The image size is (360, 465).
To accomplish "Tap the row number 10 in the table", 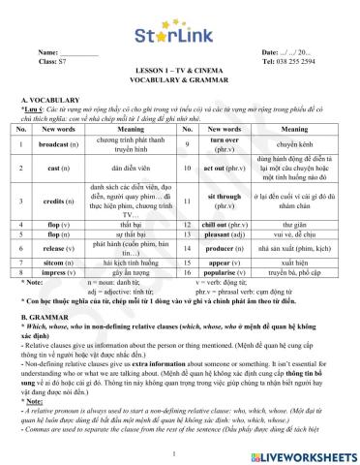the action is click(182, 169).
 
